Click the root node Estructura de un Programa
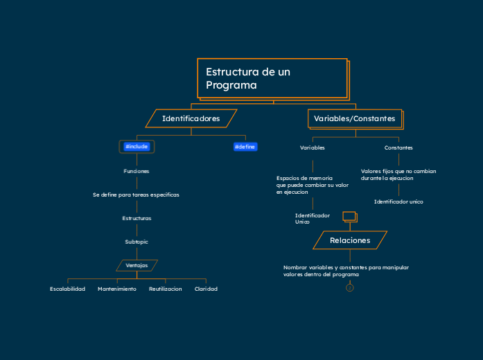click(x=272, y=78)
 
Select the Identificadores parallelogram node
click(x=191, y=118)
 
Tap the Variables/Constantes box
click(x=354, y=119)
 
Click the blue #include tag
click(x=137, y=147)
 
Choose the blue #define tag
click(x=245, y=147)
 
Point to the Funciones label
click(x=137, y=171)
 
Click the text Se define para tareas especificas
click(x=137, y=195)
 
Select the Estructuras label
click(x=137, y=218)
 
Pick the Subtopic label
click(x=137, y=242)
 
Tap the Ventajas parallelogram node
click(x=137, y=265)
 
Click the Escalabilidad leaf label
click(x=68, y=289)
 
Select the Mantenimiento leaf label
click(x=117, y=289)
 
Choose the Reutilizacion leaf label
click(x=166, y=289)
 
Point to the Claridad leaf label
click(x=206, y=289)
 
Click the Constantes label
click(x=398, y=147)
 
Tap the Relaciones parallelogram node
click(x=350, y=240)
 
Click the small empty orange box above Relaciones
click(x=349, y=216)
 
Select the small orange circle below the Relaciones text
click(x=350, y=288)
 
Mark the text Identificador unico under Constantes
click(x=398, y=201)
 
